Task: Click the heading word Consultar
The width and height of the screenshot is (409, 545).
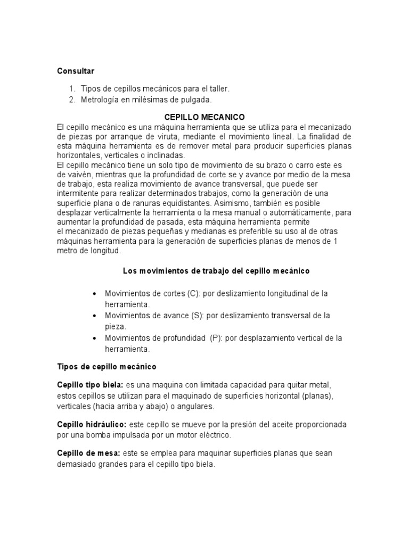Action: [75, 70]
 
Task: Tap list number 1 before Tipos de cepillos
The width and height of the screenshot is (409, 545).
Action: [72, 88]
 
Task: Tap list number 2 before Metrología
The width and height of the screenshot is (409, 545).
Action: [72, 100]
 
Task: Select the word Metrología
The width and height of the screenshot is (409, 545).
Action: [102, 100]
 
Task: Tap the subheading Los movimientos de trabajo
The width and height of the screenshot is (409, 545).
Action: [216, 271]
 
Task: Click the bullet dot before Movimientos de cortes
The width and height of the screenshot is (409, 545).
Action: [94, 294]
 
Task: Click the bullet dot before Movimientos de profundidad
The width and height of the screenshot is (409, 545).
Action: [94, 338]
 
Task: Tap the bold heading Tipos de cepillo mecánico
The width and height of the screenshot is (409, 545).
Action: [107, 367]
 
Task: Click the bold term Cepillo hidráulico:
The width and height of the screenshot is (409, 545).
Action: [91, 425]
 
